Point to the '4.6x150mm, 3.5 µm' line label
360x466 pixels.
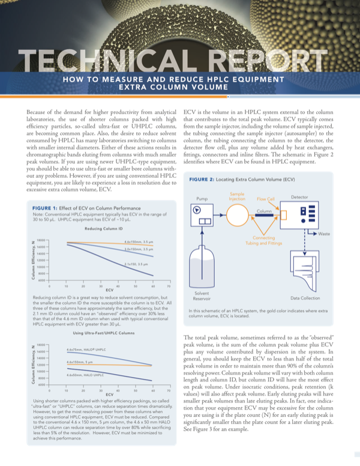tap(140, 241)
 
